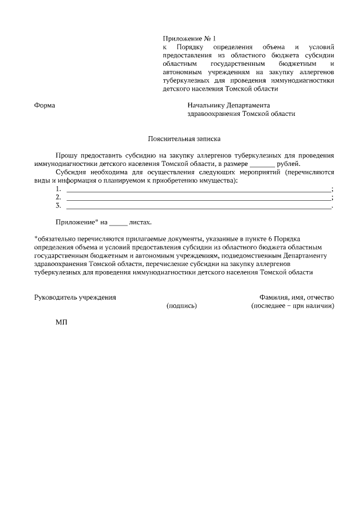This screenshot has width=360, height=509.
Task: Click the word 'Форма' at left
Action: tap(44, 105)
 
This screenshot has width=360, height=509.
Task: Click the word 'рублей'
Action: tap(289, 164)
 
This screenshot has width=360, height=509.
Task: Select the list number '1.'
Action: tap(58, 189)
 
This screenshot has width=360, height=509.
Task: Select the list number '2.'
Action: tap(58, 197)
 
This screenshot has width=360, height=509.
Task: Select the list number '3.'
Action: tap(58, 206)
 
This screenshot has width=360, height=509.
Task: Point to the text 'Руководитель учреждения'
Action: tap(75, 297)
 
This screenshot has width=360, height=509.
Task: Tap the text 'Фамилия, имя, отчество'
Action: tap(296, 297)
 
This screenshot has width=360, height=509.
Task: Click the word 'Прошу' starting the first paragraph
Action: tap(67, 155)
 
